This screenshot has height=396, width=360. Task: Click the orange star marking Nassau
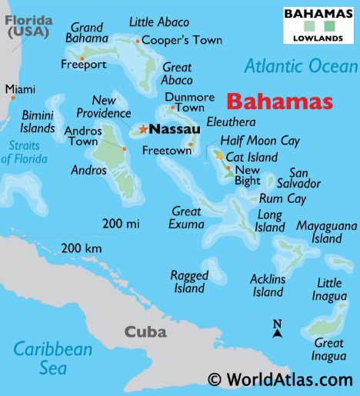(143, 129)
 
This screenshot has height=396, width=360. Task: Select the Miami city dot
(13, 98)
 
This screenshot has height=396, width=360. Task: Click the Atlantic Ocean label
(301, 67)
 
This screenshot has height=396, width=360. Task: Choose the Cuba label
(145, 332)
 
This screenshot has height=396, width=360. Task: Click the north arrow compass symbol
(278, 329)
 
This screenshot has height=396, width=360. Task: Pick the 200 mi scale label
(121, 224)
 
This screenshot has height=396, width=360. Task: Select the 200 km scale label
(82, 248)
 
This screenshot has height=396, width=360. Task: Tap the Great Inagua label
(328, 349)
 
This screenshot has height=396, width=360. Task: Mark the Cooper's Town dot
(138, 41)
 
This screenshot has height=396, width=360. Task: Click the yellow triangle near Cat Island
(220, 155)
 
